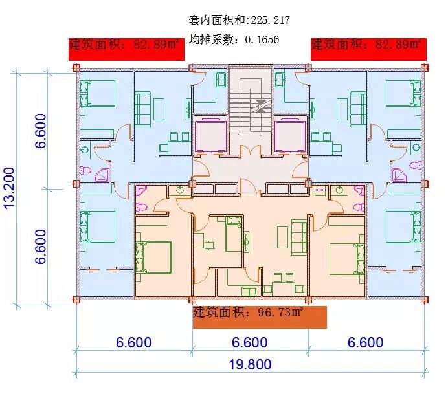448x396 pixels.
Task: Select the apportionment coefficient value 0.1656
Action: click(x=262, y=39)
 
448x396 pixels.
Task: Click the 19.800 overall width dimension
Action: click(x=250, y=364)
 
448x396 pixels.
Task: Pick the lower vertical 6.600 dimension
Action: click(x=41, y=246)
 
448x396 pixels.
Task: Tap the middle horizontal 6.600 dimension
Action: click(x=250, y=342)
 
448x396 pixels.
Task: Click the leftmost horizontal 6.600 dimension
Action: click(x=134, y=342)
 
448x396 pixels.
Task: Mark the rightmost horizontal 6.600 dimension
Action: click(x=366, y=342)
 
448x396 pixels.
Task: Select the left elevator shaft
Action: click(x=211, y=135)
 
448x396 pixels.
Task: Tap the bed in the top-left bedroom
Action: click(x=97, y=94)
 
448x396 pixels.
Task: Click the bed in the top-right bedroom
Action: click(x=403, y=94)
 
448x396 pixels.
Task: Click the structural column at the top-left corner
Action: click(x=76, y=67)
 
